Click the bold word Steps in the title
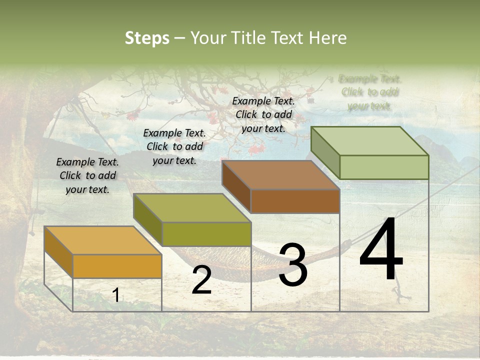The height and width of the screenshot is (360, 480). click(x=147, y=38)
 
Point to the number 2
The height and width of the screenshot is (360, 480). click(x=201, y=280)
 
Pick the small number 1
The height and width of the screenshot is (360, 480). click(x=115, y=295)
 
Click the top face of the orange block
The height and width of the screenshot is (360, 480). click(x=102, y=240)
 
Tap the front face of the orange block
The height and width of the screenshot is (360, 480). click(x=117, y=266)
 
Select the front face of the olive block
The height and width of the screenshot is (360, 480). click(x=206, y=234)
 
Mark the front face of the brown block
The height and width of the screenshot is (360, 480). click(x=295, y=201)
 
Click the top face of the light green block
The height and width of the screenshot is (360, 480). click(x=370, y=141)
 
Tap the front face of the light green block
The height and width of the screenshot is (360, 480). click(x=384, y=167)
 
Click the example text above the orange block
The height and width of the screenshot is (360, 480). click(x=87, y=176)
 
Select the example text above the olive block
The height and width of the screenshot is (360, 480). click(x=174, y=146)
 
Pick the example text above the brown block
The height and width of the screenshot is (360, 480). click(x=263, y=114)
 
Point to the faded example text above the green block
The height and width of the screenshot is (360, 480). click(x=370, y=92)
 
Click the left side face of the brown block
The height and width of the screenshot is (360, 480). click(x=236, y=186)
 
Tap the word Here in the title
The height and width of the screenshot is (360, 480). click(x=328, y=38)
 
